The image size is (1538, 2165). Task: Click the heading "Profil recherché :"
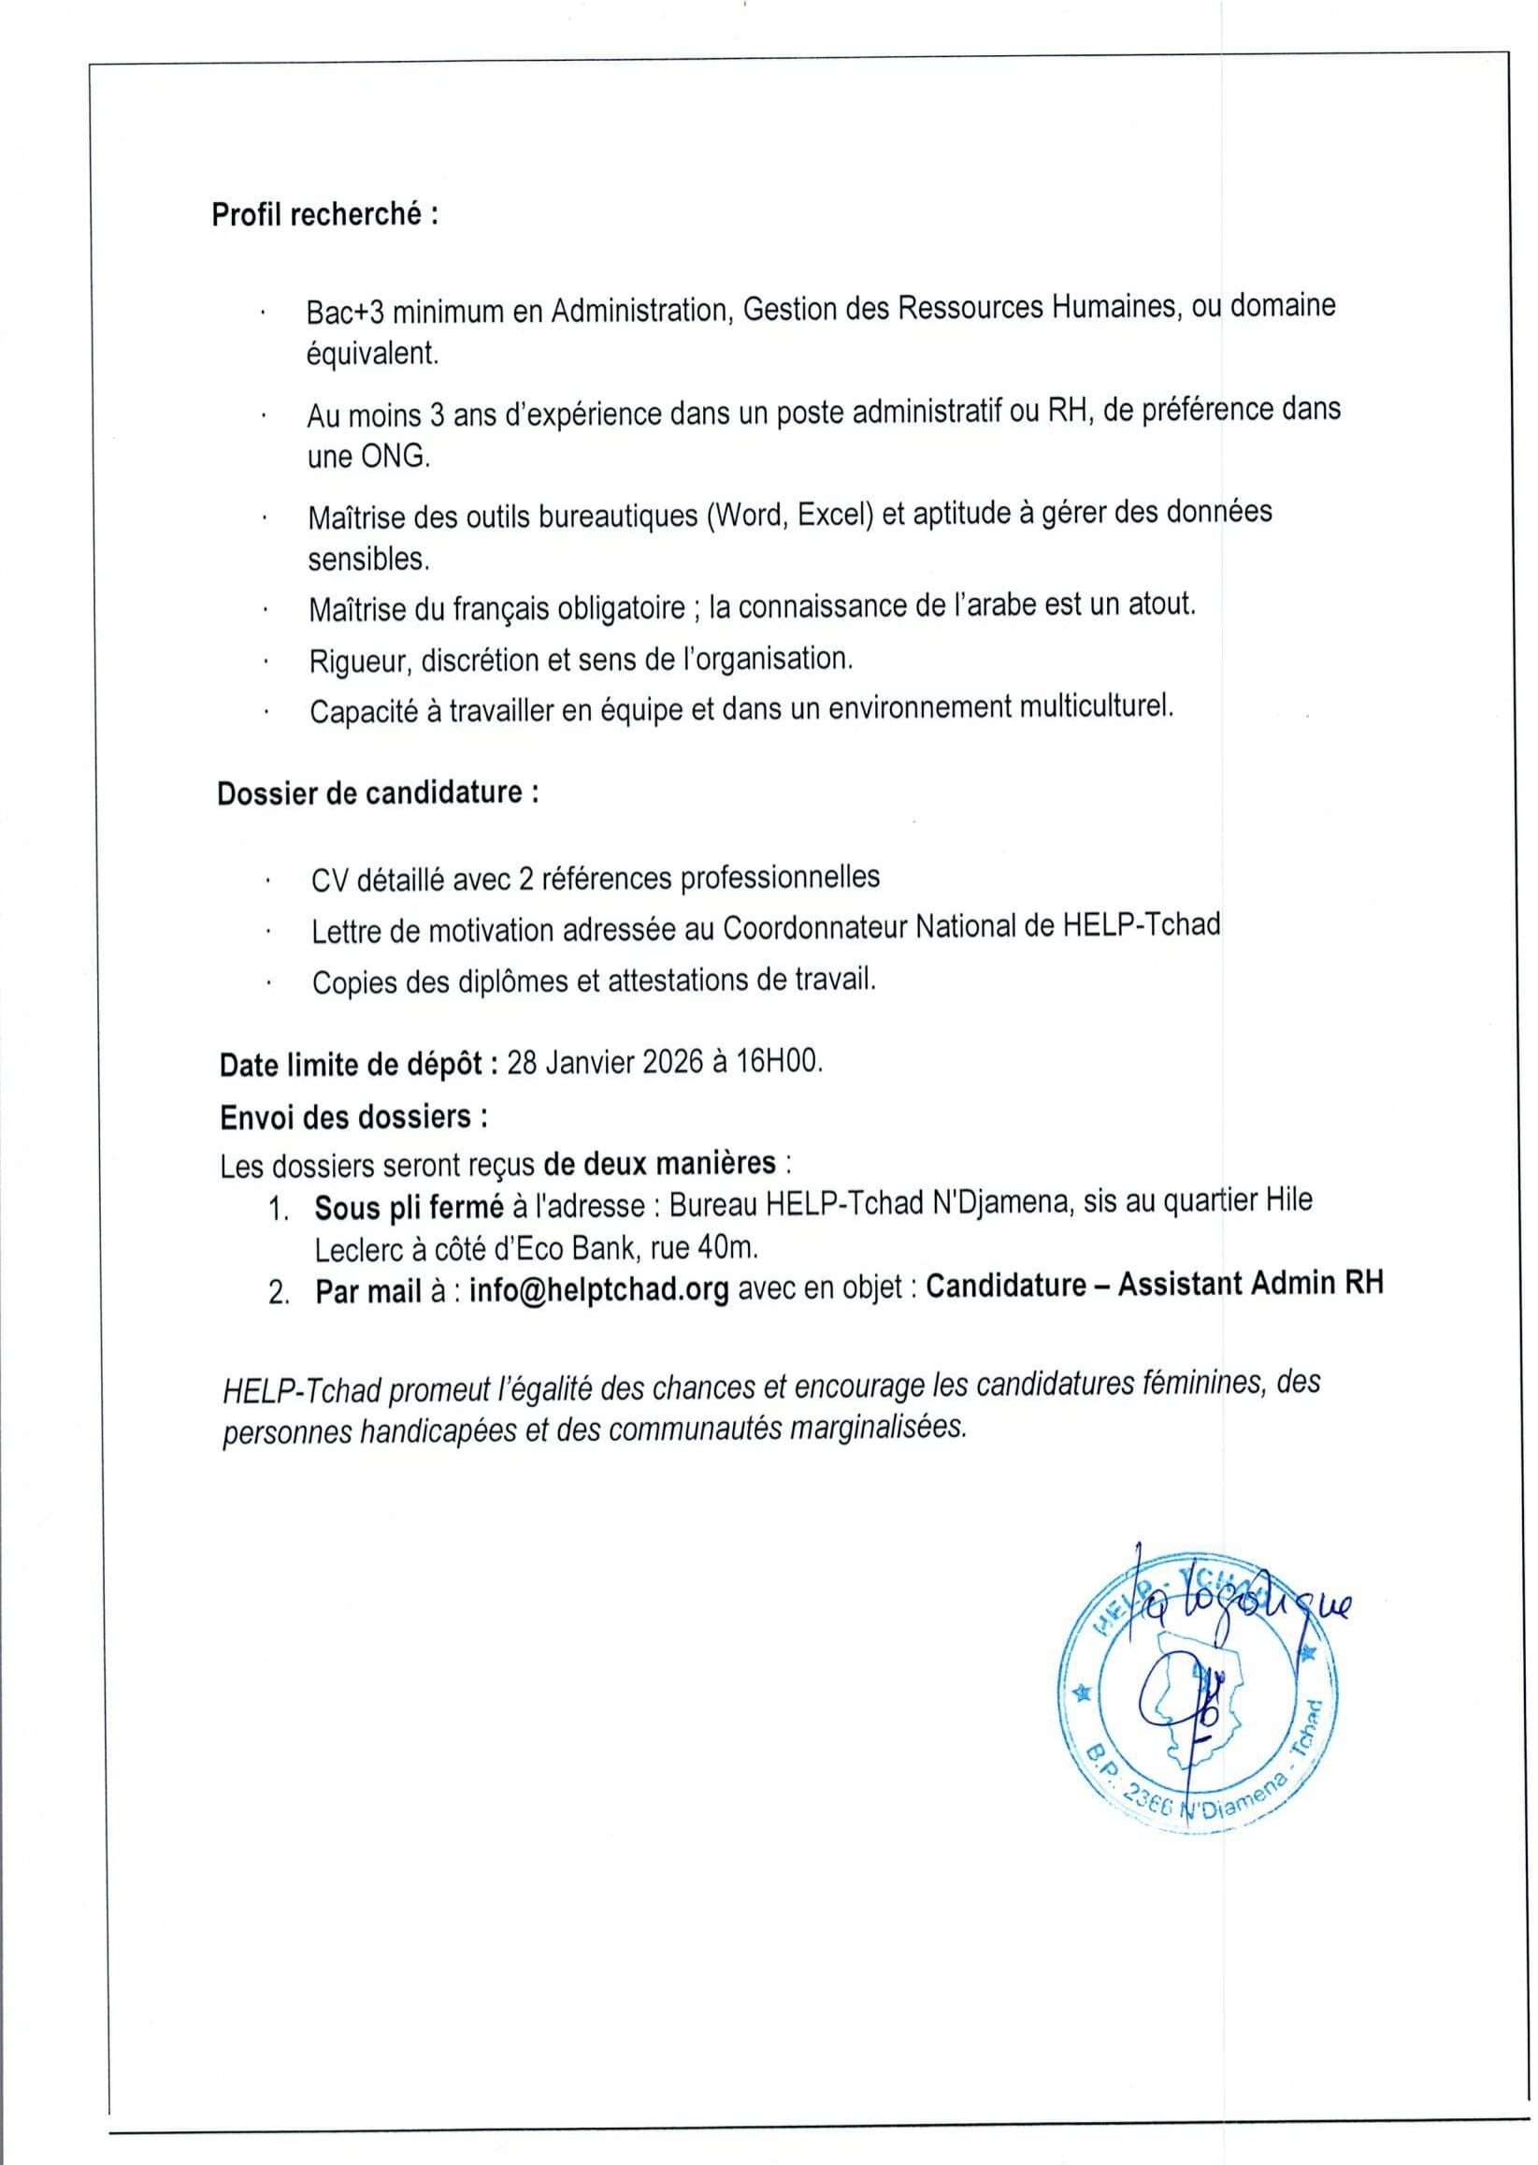(x=324, y=215)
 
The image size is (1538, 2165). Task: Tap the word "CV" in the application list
(x=329, y=880)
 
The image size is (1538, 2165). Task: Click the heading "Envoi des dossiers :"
(x=354, y=1117)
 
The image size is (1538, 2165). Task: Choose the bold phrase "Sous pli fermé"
(x=410, y=1207)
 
